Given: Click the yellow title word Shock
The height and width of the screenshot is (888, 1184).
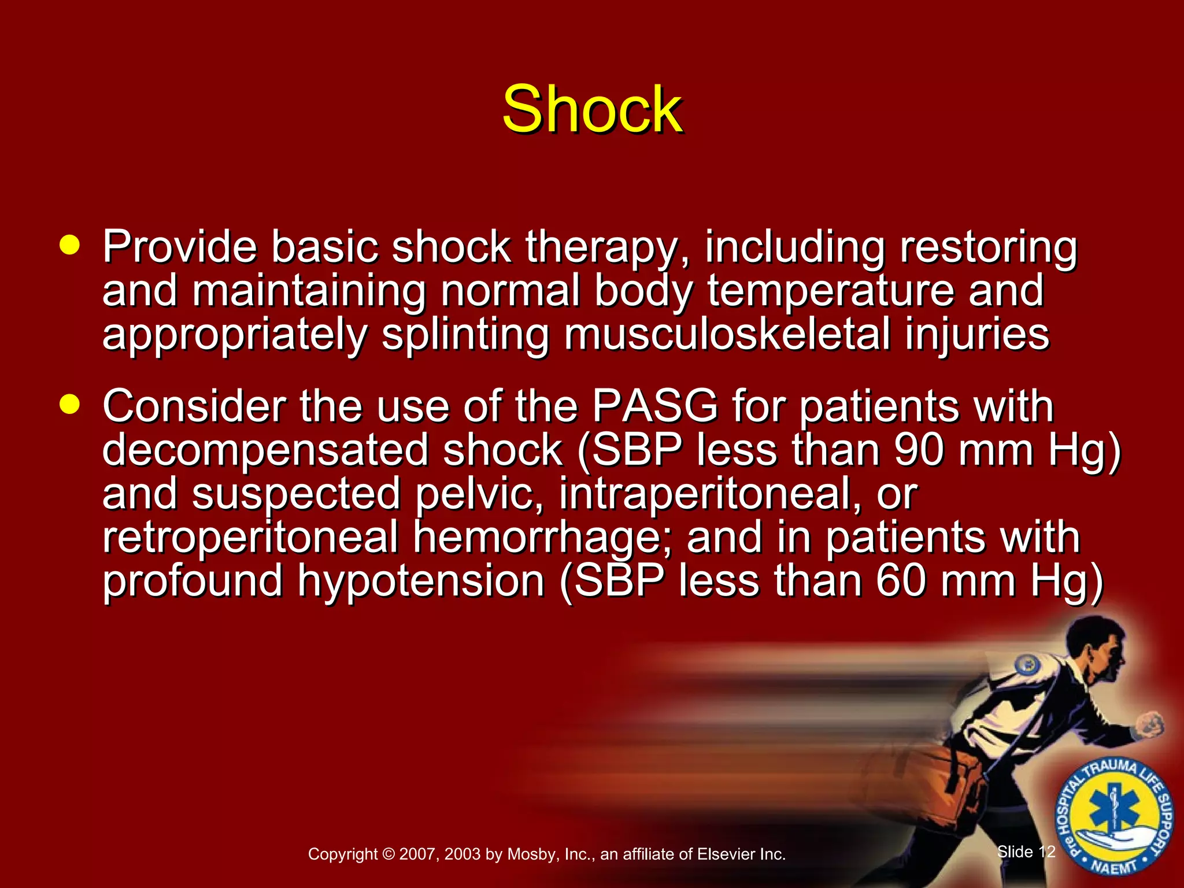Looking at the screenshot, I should (592, 110).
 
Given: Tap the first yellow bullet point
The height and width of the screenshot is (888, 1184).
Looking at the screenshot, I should (70, 245).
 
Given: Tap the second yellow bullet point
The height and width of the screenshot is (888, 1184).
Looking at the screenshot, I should (70, 405).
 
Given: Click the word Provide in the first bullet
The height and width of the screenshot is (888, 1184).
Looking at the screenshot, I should (179, 247).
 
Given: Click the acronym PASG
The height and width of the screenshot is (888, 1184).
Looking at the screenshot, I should (654, 406).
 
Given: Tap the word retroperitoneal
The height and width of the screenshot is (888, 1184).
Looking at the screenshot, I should (250, 538).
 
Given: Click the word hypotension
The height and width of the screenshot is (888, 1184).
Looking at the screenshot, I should (421, 582).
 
